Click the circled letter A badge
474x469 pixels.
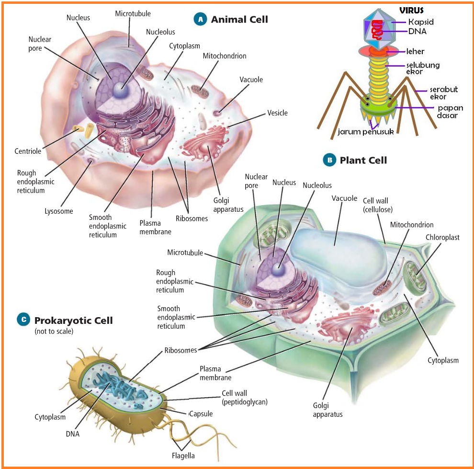click(x=200, y=19)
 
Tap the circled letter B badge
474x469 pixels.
click(x=329, y=160)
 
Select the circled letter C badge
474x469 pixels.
click(x=23, y=319)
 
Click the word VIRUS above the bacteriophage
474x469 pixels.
click(x=412, y=10)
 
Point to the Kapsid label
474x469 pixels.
click(x=421, y=22)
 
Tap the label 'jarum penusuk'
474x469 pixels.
click(x=366, y=131)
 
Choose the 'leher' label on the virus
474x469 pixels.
click(x=415, y=51)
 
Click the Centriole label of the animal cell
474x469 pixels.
click(x=28, y=151)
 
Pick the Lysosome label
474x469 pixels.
click(x=59, y=211)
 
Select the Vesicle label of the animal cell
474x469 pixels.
click(x=277, y=113)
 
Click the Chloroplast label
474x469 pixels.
click(x=442, y=237)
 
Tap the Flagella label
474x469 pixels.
click(x=183, y=456)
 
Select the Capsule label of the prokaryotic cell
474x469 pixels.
click(x=201, y=413)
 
